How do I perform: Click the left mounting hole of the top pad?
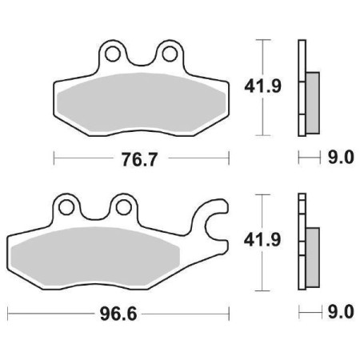(x=113, y=54)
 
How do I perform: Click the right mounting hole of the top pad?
(x=169, y=54)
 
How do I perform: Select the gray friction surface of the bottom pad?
(x=104, y=256)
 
